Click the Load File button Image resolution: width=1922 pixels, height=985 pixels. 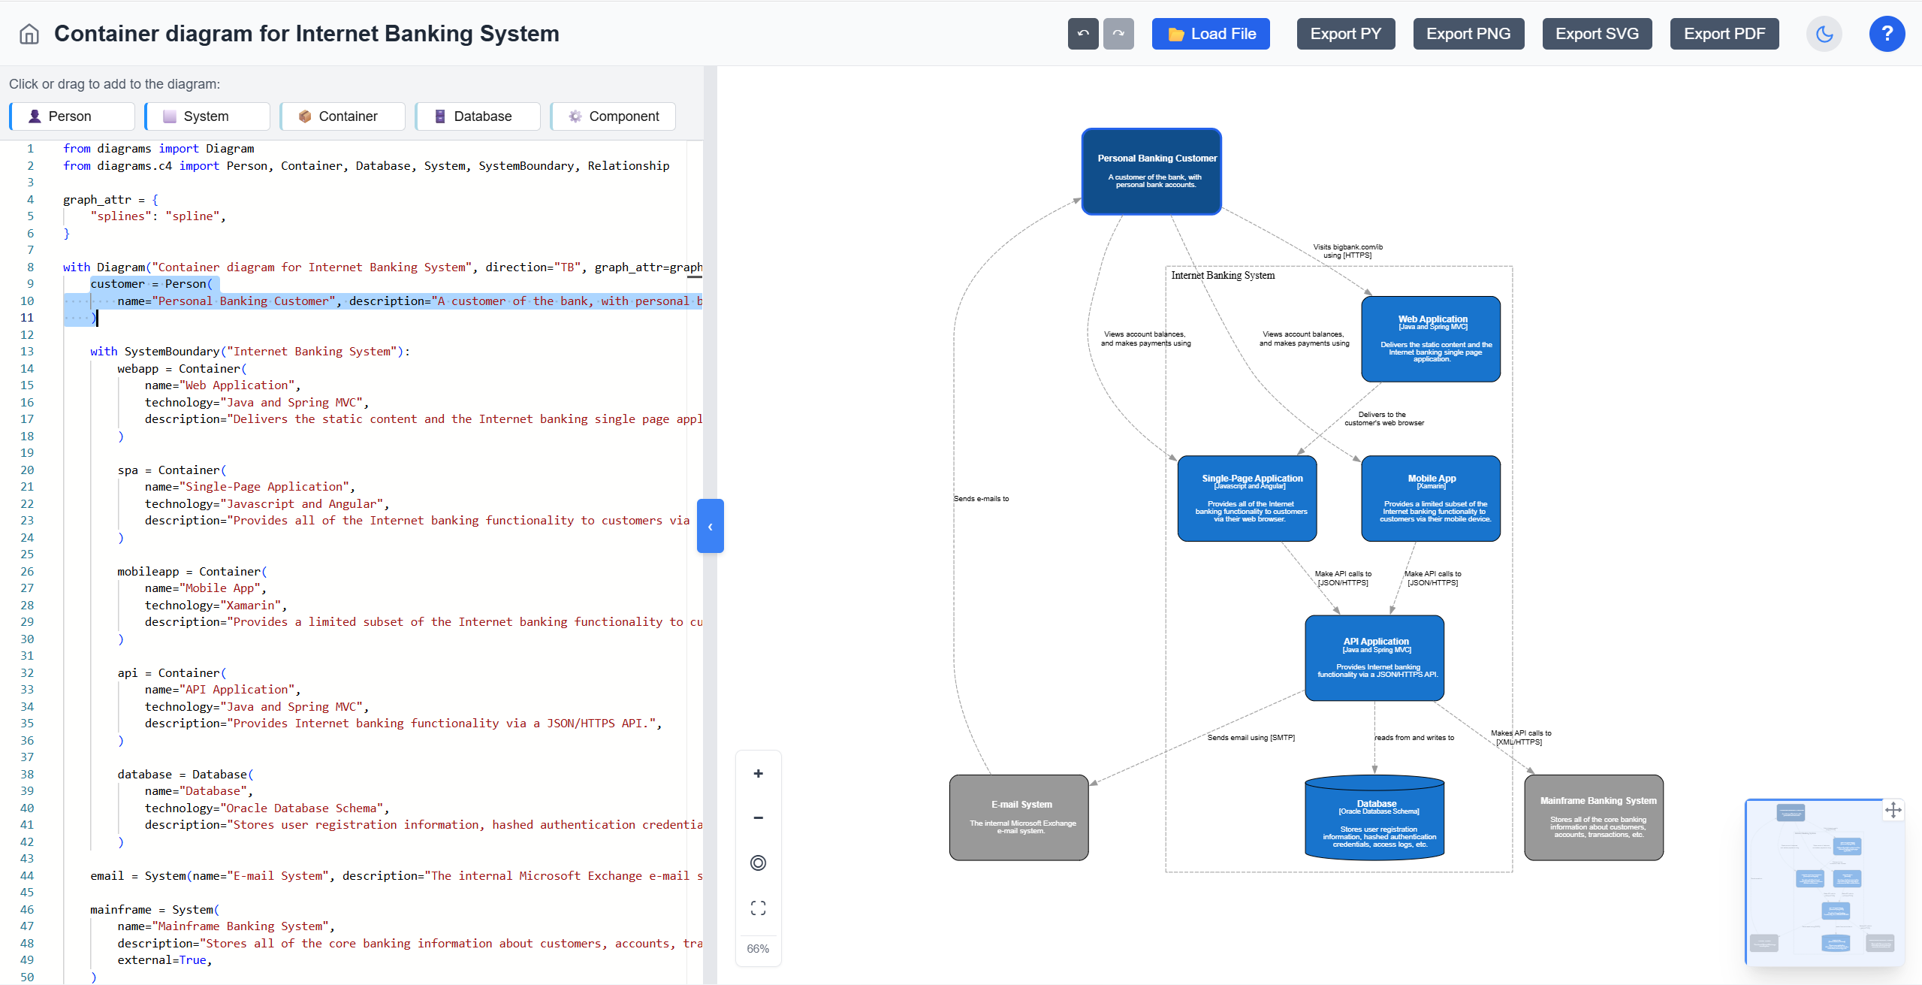pos(1210,34)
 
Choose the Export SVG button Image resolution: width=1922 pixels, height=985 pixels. pos(1596,34)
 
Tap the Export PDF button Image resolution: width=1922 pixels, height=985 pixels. pos(1724,34)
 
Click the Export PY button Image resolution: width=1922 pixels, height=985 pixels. pos(1345,34)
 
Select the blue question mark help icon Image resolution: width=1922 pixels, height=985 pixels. pos(1886,34)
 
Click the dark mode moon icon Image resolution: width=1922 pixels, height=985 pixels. pos(1824,34)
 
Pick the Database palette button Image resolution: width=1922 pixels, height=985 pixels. pos(477,116)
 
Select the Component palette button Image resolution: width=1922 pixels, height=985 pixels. pos(613,116)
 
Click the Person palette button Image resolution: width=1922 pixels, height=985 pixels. pos(72,116)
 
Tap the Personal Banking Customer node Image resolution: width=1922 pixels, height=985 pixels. pos(1151,171)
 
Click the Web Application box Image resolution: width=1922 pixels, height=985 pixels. pos(1431,339)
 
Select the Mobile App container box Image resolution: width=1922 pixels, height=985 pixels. pos(1431,498)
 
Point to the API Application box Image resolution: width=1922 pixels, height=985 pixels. pos(1374,658)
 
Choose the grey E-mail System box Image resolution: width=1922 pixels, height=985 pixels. pos(1018,817)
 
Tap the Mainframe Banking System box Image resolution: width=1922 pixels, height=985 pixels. pos(1594,817)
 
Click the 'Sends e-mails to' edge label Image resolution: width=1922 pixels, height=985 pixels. pos(981,499)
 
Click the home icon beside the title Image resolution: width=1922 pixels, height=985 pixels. pos(29,34)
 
